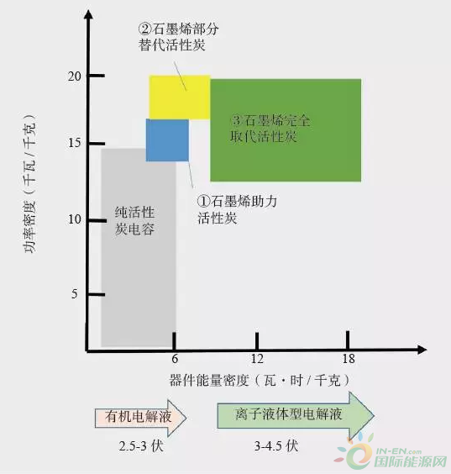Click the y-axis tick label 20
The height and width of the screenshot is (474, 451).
tap(75, 76)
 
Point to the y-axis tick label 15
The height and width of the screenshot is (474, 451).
tap(75, 143)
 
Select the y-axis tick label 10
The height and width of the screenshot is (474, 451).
tap(75, 219)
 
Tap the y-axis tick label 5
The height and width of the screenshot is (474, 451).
tap(74, 294)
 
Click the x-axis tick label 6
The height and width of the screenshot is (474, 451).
tap(175, 359)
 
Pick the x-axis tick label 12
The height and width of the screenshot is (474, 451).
tap(257, 359)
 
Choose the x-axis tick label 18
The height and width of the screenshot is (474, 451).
tap(349, 359)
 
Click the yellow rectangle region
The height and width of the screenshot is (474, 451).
tap(180, 97)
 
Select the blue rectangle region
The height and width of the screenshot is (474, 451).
tap(167, 140)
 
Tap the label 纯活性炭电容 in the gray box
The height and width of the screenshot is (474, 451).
tap(134, 221)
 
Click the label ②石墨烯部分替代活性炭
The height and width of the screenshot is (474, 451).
tap(179, 37)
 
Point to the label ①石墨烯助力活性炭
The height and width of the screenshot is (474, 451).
tap(237, 209)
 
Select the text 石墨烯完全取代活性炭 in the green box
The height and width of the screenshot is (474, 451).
tap(270, 129)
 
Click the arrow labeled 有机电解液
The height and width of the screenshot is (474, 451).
tap(140, 418)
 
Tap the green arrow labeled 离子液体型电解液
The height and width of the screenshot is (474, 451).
tap(296, 415)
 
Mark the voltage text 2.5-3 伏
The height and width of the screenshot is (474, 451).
tap(141, 446)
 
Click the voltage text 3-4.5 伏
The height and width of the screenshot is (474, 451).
tap(276, 446)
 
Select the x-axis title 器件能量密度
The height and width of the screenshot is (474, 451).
tap(209, 380)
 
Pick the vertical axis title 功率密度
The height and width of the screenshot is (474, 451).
tap(30, 226)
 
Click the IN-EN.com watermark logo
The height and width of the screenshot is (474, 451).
tap(392, 454)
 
